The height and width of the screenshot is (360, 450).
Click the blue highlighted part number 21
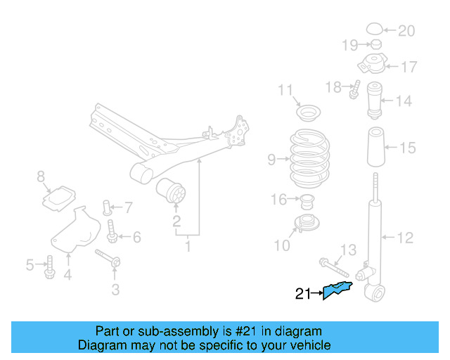click(337, 290)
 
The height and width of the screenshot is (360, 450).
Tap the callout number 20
click(407, 31)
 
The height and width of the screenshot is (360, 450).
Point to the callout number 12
click(405, 238)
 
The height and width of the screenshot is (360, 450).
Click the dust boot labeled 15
click(375, 149)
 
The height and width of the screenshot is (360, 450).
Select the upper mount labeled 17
click(371, 65)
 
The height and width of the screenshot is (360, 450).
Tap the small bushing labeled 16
click(307, 202)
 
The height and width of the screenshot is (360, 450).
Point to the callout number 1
click(188, 246)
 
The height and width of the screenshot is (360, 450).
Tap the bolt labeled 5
click(49, 267)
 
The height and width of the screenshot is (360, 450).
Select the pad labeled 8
click(59, 198)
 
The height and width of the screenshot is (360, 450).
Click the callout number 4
click(67, 275)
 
